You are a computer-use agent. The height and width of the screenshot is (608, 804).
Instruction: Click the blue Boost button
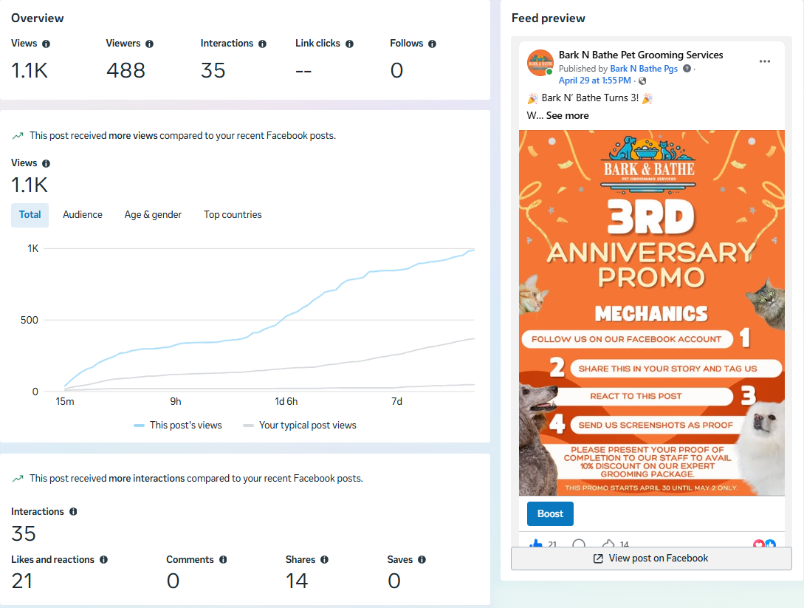tap(550, 513)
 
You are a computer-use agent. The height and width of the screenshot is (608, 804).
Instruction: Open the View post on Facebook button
tap(651, 559)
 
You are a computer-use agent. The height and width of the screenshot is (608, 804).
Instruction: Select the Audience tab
tap(83, 214)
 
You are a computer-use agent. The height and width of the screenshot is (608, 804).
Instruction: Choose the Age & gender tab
tap(153, 214)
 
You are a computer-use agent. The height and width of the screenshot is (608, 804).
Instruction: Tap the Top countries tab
tap(233, 214)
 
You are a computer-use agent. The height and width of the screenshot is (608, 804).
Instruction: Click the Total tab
tap(30, 214)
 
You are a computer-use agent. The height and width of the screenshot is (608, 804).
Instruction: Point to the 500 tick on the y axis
tap(30, 320)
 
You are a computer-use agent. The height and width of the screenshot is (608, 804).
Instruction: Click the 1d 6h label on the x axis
tap(286, 401)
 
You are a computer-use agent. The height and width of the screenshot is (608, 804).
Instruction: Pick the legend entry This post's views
tap(178, 426)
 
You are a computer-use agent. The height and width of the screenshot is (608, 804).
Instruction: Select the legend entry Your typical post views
tap(300, 426)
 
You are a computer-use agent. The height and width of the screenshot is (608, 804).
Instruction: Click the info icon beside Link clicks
tap(349, 44)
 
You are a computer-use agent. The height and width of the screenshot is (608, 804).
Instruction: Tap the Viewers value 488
tap(126, 70)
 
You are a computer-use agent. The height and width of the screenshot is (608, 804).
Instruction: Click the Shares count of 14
tap(296, 581)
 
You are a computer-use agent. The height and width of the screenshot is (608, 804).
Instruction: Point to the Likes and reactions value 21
tap(22, 581)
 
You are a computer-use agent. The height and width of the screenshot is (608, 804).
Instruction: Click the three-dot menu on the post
tap(765, 61)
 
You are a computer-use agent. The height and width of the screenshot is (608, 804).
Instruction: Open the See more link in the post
tap(567, 115)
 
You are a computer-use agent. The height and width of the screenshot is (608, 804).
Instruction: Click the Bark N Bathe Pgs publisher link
tap(644, 69)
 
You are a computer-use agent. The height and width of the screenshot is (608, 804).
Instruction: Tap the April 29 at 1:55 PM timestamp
tap(595, 81)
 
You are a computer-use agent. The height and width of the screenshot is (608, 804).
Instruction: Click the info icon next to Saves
tap(422, 560)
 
